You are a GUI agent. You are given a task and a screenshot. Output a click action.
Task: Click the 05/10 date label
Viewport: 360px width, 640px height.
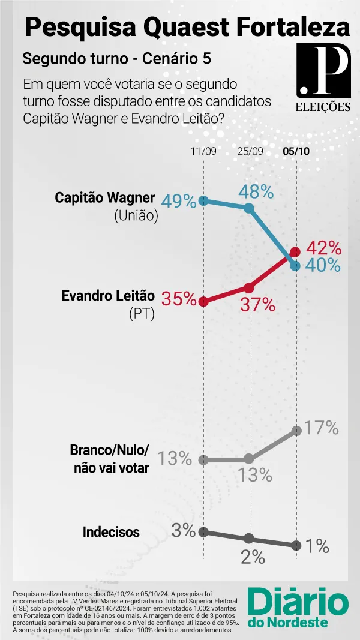tap(296, 151)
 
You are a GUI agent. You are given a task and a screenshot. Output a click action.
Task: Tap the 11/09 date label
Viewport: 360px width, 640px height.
tap(203, 151)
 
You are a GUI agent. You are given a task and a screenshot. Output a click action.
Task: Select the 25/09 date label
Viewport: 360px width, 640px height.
tap(250, 151)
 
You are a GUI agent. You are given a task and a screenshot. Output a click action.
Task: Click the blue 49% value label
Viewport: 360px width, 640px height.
tap(179, 201)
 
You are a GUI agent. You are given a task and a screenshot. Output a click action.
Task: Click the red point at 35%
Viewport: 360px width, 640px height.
tap(203, 302)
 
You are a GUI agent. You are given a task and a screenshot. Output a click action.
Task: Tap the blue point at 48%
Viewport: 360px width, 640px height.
tap(249, 208)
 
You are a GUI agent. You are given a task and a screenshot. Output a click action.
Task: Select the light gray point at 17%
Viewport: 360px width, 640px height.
tap(296, 431)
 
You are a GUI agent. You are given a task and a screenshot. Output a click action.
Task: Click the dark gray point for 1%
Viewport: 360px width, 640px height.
tap(296, 545)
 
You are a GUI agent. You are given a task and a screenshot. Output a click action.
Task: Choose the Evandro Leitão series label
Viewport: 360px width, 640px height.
tap(108, 296)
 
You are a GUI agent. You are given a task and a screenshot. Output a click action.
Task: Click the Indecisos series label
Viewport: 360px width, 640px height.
tap(111, 532)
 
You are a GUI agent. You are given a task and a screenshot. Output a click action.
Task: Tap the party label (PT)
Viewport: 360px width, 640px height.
tap(142, 314)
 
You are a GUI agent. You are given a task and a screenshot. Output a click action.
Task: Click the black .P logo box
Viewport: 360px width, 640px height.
tap(323, 70)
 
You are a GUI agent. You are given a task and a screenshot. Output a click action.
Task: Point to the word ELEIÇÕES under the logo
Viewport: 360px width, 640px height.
tap(323, 107)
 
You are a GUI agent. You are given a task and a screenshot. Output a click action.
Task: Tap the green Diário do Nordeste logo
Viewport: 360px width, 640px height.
tap(298, 607)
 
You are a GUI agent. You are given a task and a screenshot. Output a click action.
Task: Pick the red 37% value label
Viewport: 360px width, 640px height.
tap(257, 305)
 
